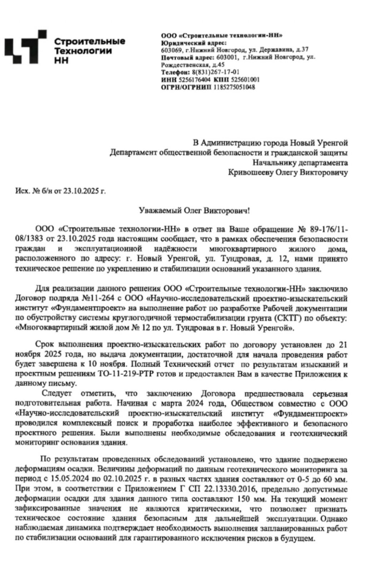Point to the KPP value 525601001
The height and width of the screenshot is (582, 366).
245,80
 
